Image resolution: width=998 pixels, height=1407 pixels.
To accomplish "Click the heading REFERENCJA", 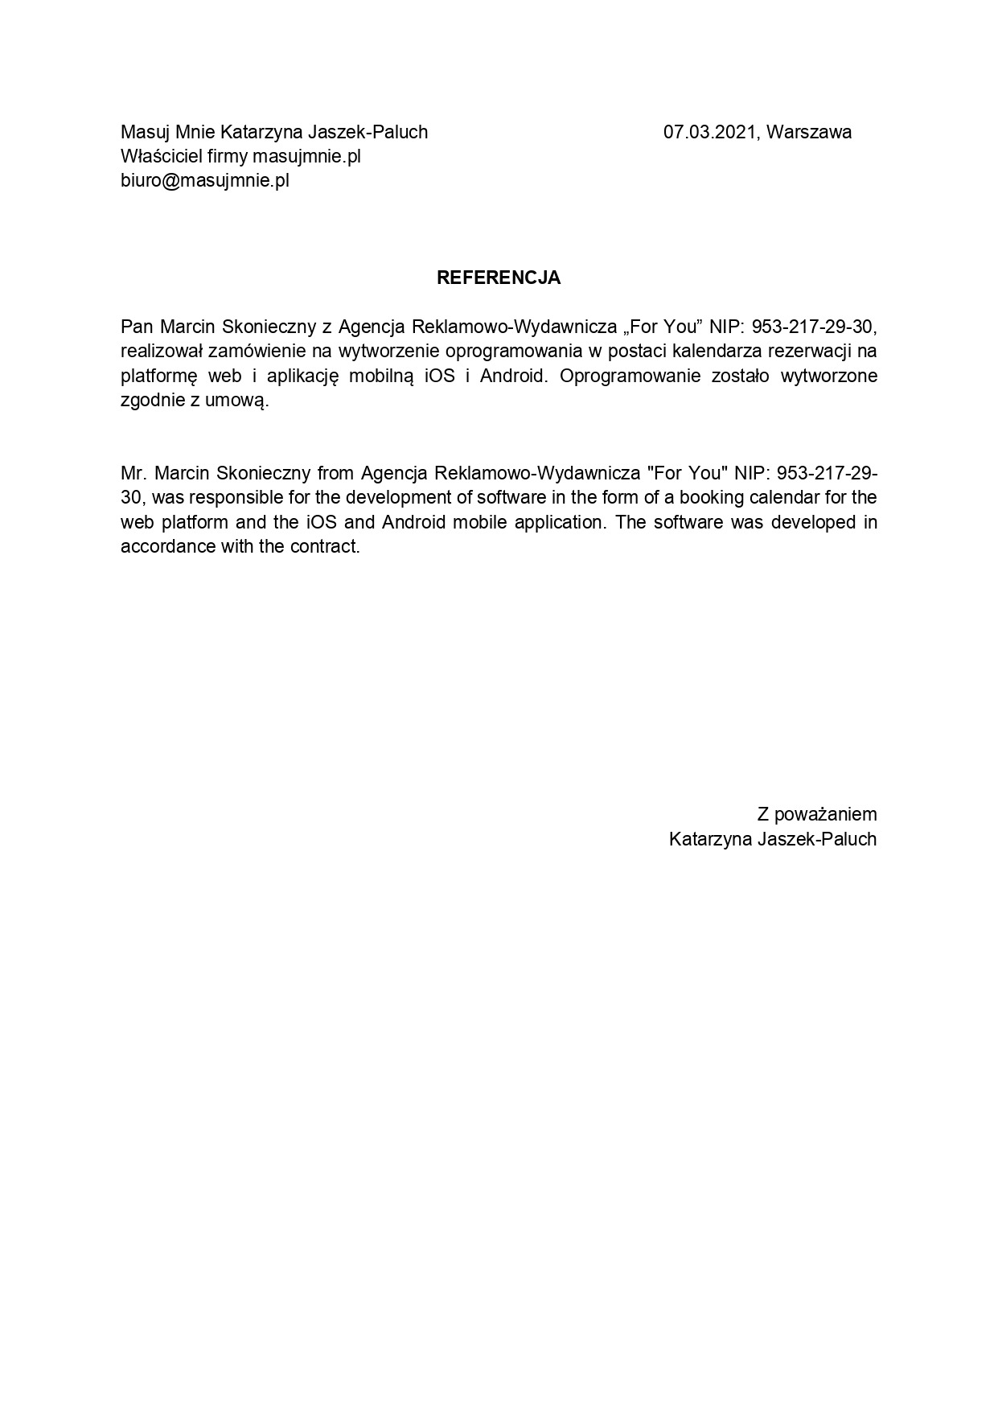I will pos(498,278).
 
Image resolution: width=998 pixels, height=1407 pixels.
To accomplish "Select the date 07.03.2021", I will pos(709,132).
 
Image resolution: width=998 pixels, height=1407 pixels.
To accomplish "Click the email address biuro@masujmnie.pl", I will pos(204,180).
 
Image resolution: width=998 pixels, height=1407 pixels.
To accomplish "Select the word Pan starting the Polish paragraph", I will pos(136,327).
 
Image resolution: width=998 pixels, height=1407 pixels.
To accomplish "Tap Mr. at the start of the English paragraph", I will pos(132,472).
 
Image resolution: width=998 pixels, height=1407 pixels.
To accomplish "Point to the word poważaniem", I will pos(825,815).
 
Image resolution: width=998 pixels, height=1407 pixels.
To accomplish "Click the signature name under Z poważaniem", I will pos(772,839).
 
